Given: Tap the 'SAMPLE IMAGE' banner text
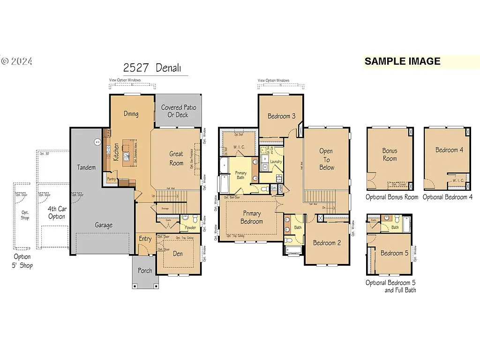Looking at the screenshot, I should coord(402,61).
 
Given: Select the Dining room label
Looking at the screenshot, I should coord(131,114).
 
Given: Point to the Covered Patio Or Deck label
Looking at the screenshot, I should coord(178,111).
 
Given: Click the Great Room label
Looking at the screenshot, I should coord(176,158).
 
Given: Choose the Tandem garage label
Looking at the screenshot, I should coord(86,167).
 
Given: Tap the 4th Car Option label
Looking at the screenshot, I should coord(57,213).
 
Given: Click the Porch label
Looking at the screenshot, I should coord(145,271).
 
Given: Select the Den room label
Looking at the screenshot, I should coord(178,254).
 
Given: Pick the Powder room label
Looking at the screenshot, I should coord(190,227).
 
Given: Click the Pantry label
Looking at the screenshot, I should coord(111,179).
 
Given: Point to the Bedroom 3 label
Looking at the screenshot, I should coord(281,116).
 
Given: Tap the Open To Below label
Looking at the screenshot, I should coord(326,159).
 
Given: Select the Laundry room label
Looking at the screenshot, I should coord(276,162).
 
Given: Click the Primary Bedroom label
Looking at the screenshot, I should coord(251,217).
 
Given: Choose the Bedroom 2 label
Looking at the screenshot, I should coord(327,243).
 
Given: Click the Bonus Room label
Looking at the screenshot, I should coord(390,155).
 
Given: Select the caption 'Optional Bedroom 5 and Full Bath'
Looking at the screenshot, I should coord(390,286).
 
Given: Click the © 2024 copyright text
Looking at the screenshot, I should coord(16,61).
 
